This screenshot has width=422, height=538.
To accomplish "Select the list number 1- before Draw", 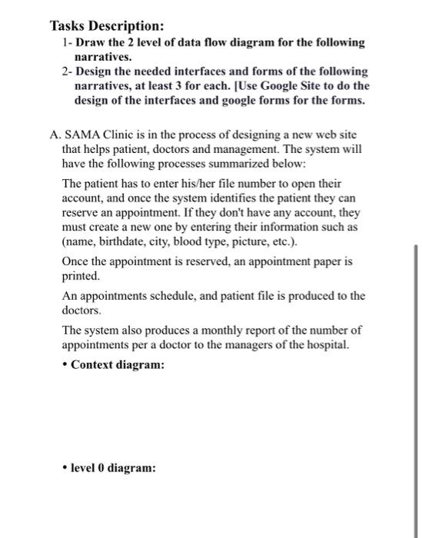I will click(x=66, y=43).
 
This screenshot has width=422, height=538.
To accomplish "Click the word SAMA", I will click(x=82, y=133).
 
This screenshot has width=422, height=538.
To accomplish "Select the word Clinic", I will click(x=119, y=133).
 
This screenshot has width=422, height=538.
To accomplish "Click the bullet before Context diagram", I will click(x=65, y=365).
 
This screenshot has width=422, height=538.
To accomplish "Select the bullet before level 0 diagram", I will click(x=65, y=467).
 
